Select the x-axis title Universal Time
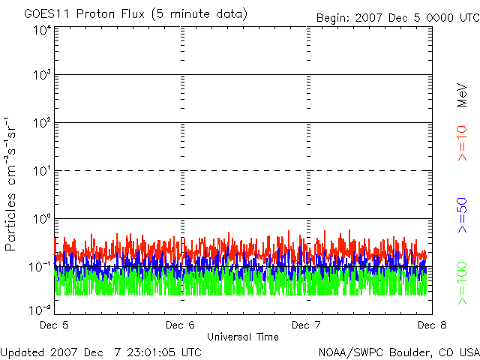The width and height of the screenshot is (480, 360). pos(242,337)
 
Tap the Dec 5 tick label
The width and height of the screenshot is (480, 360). pos(53,325)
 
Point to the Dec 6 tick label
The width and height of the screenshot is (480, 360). pos(180,325)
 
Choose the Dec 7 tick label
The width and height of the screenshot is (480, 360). pos(304,325)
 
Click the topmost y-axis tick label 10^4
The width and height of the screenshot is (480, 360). pos(42,29)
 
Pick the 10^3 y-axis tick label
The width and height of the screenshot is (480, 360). pos(42,76)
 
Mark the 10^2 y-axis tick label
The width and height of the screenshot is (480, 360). pos(42,124)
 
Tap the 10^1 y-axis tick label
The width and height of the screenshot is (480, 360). pos(42,172)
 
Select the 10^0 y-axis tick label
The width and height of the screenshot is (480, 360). pos(42,220)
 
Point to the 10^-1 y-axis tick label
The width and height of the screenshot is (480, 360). pos(40,267)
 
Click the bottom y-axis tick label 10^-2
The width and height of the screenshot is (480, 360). pos(40,309)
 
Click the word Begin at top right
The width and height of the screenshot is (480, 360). pos(333,17)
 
